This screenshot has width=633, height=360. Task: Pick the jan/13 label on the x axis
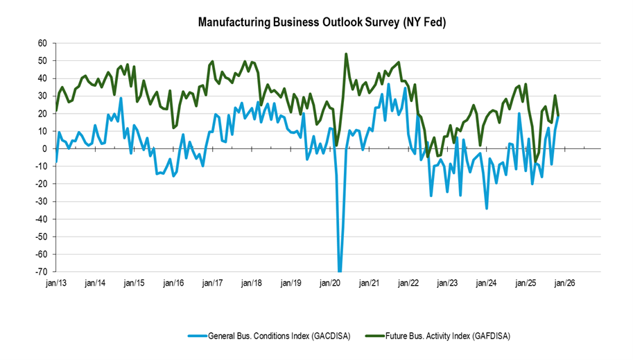(56, 283)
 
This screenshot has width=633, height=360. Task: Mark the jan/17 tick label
(212, 283)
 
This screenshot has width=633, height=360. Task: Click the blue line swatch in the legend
(198, 336)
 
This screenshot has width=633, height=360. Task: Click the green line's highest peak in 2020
(346, 54)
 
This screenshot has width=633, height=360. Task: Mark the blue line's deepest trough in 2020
(340, 271)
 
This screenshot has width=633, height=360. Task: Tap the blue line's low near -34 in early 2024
(487, 208)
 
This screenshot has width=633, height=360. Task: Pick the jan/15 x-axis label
(135, 283)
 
